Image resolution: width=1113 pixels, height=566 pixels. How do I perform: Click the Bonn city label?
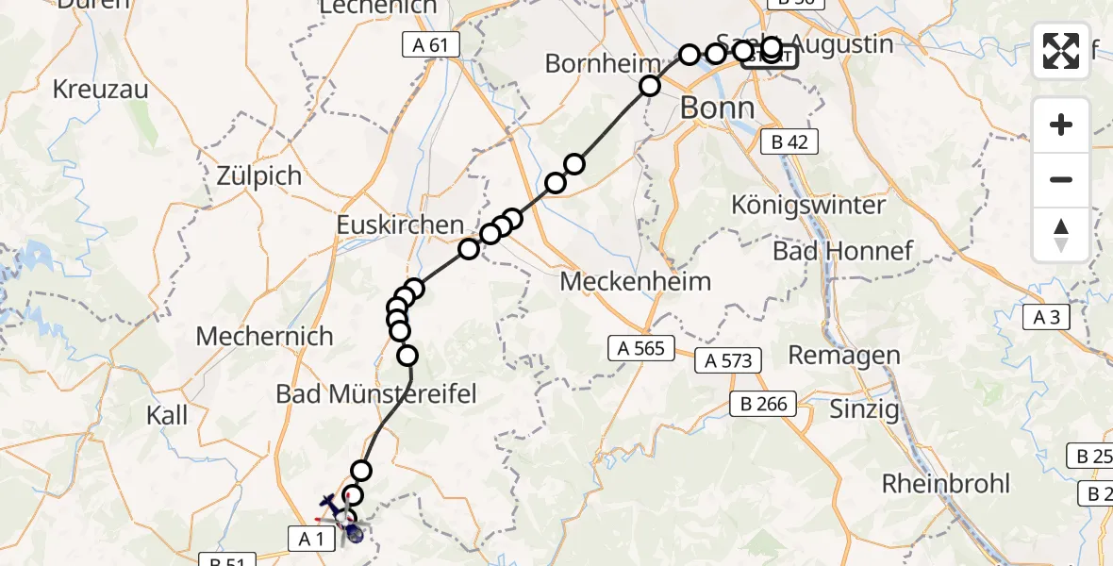pos(718,108)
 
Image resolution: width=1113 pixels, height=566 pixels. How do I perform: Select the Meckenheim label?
pos(635,281)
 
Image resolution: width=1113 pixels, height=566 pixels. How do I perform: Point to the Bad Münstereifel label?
pos(376,393)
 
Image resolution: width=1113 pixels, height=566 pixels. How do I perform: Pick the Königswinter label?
pos(808,205)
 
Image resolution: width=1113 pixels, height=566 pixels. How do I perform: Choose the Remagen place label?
pos(843,356)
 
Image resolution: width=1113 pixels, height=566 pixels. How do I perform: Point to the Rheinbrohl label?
pos(946,484)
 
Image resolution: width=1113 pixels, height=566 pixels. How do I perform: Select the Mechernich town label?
pos(265,336)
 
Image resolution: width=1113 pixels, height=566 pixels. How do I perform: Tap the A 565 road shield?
pos(641,348)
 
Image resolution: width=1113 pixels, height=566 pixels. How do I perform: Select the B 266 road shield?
pos(764,404)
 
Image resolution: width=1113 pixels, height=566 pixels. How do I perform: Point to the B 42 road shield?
pos(789,141)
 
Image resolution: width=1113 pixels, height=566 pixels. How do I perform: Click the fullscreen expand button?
pos(1061,51)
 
